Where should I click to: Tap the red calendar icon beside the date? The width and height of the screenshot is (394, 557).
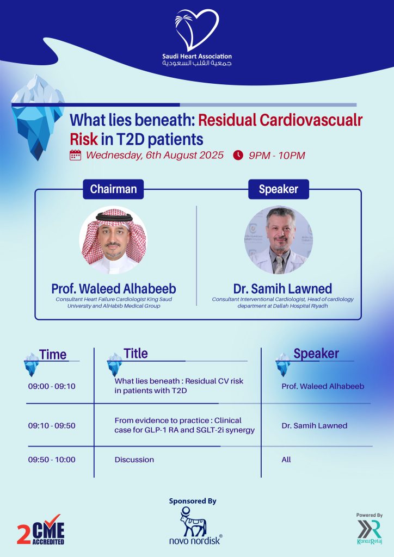coord(76,155)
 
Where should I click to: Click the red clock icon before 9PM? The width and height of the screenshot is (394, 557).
coord(238,155)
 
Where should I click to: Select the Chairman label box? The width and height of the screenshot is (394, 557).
coord(113,189)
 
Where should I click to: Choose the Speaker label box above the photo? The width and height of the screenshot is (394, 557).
coord(278,189)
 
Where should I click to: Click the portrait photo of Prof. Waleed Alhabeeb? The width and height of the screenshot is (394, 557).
coord(113,240)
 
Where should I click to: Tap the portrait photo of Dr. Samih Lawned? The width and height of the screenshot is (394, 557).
coord(278,240)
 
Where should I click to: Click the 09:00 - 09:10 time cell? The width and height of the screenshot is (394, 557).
coord(52,386)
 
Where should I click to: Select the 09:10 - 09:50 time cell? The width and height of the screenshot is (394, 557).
coord(52,425)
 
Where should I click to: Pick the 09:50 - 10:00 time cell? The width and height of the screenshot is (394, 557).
coord(52,460)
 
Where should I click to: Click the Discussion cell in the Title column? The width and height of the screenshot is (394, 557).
coord(134,460)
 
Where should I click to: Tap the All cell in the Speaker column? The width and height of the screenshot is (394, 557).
coord(286,460)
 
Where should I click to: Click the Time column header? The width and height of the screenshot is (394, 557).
coord(53,355)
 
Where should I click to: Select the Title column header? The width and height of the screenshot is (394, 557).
coord(136,354)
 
